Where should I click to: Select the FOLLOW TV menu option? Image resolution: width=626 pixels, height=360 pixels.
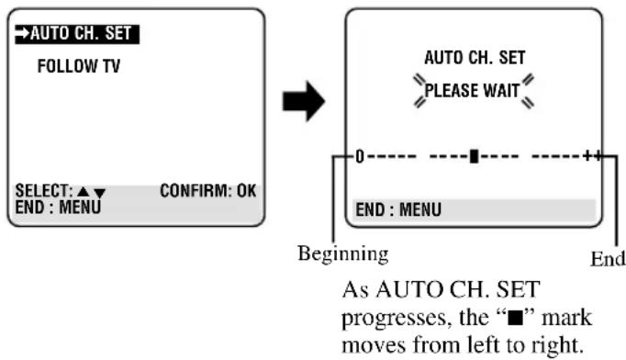[x=79, y=66]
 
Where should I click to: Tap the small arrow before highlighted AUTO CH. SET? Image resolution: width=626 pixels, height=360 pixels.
[x=22, y=34]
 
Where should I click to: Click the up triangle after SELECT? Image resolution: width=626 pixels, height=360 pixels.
[x=83, y=191]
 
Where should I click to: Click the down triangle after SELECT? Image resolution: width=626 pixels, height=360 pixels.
[x=99, y=194]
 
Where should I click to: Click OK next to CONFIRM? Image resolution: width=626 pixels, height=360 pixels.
[x=246, y=191]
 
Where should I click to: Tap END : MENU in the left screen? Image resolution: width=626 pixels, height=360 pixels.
[x=58, y=208]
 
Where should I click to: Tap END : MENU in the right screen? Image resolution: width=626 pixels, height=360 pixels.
[x=398, y=209]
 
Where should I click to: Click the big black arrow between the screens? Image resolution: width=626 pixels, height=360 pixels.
[x=304, y=101]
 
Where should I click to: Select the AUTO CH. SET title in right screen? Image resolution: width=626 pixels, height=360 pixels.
[x=475, y=58]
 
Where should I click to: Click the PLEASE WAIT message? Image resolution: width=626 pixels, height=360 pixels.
[x=473, y=91]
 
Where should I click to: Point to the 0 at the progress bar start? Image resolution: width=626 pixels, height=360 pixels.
[x=360, y=157]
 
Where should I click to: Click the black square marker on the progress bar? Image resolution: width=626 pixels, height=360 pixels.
[x=474, y=156]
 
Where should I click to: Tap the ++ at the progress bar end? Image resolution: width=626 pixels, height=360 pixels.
[x=592, y=155]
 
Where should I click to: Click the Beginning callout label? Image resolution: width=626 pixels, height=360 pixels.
[x=343, y=253]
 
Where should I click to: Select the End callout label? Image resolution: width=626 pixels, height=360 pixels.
[x=608, y=258]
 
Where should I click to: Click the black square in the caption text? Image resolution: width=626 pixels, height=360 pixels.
[x=515, y=319]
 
